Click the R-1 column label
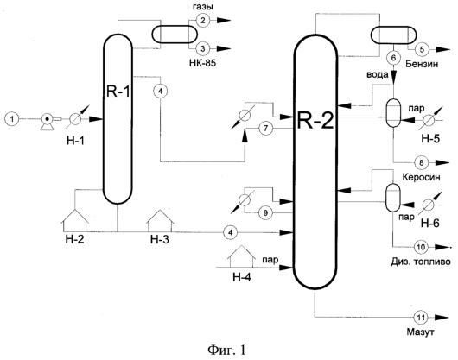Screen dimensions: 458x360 tap(118, 92)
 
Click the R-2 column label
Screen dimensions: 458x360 tap(315, 121)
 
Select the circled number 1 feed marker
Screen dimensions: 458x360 tap(12, 119)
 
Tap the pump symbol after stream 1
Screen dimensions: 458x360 tap(48, 121)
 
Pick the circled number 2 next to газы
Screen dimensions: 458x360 tap(203, 20)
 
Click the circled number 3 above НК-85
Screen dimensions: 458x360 tap(203, 48)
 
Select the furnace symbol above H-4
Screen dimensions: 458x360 tap(242, 256)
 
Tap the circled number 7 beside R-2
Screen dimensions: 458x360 tap(265, 129)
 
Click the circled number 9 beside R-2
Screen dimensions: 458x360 tap(265, 213)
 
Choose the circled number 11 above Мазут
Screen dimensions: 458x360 tap(421, 317)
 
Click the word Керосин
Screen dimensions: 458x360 tap(421, 177)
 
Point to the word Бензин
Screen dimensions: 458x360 tap(422, 64)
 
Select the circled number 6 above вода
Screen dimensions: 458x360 tap(393, 58)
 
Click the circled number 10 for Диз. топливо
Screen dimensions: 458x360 tap(421, 247)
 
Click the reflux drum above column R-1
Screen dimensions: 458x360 tap(175, 35)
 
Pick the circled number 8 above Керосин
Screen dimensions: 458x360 tap(421, 162)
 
